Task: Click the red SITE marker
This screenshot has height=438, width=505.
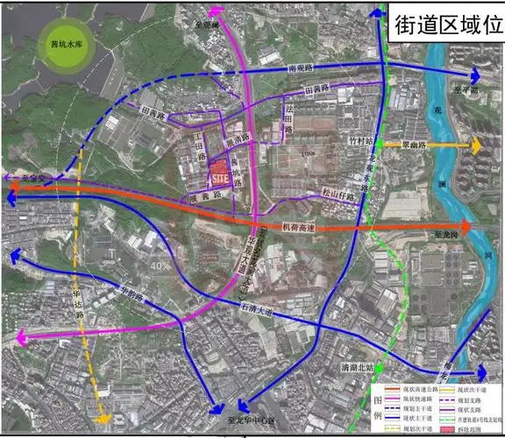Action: pos(219,173)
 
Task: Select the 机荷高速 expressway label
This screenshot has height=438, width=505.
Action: pos(298,227)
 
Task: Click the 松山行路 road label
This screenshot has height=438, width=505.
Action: pos(338,197)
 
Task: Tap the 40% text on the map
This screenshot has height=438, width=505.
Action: pos(160,265)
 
